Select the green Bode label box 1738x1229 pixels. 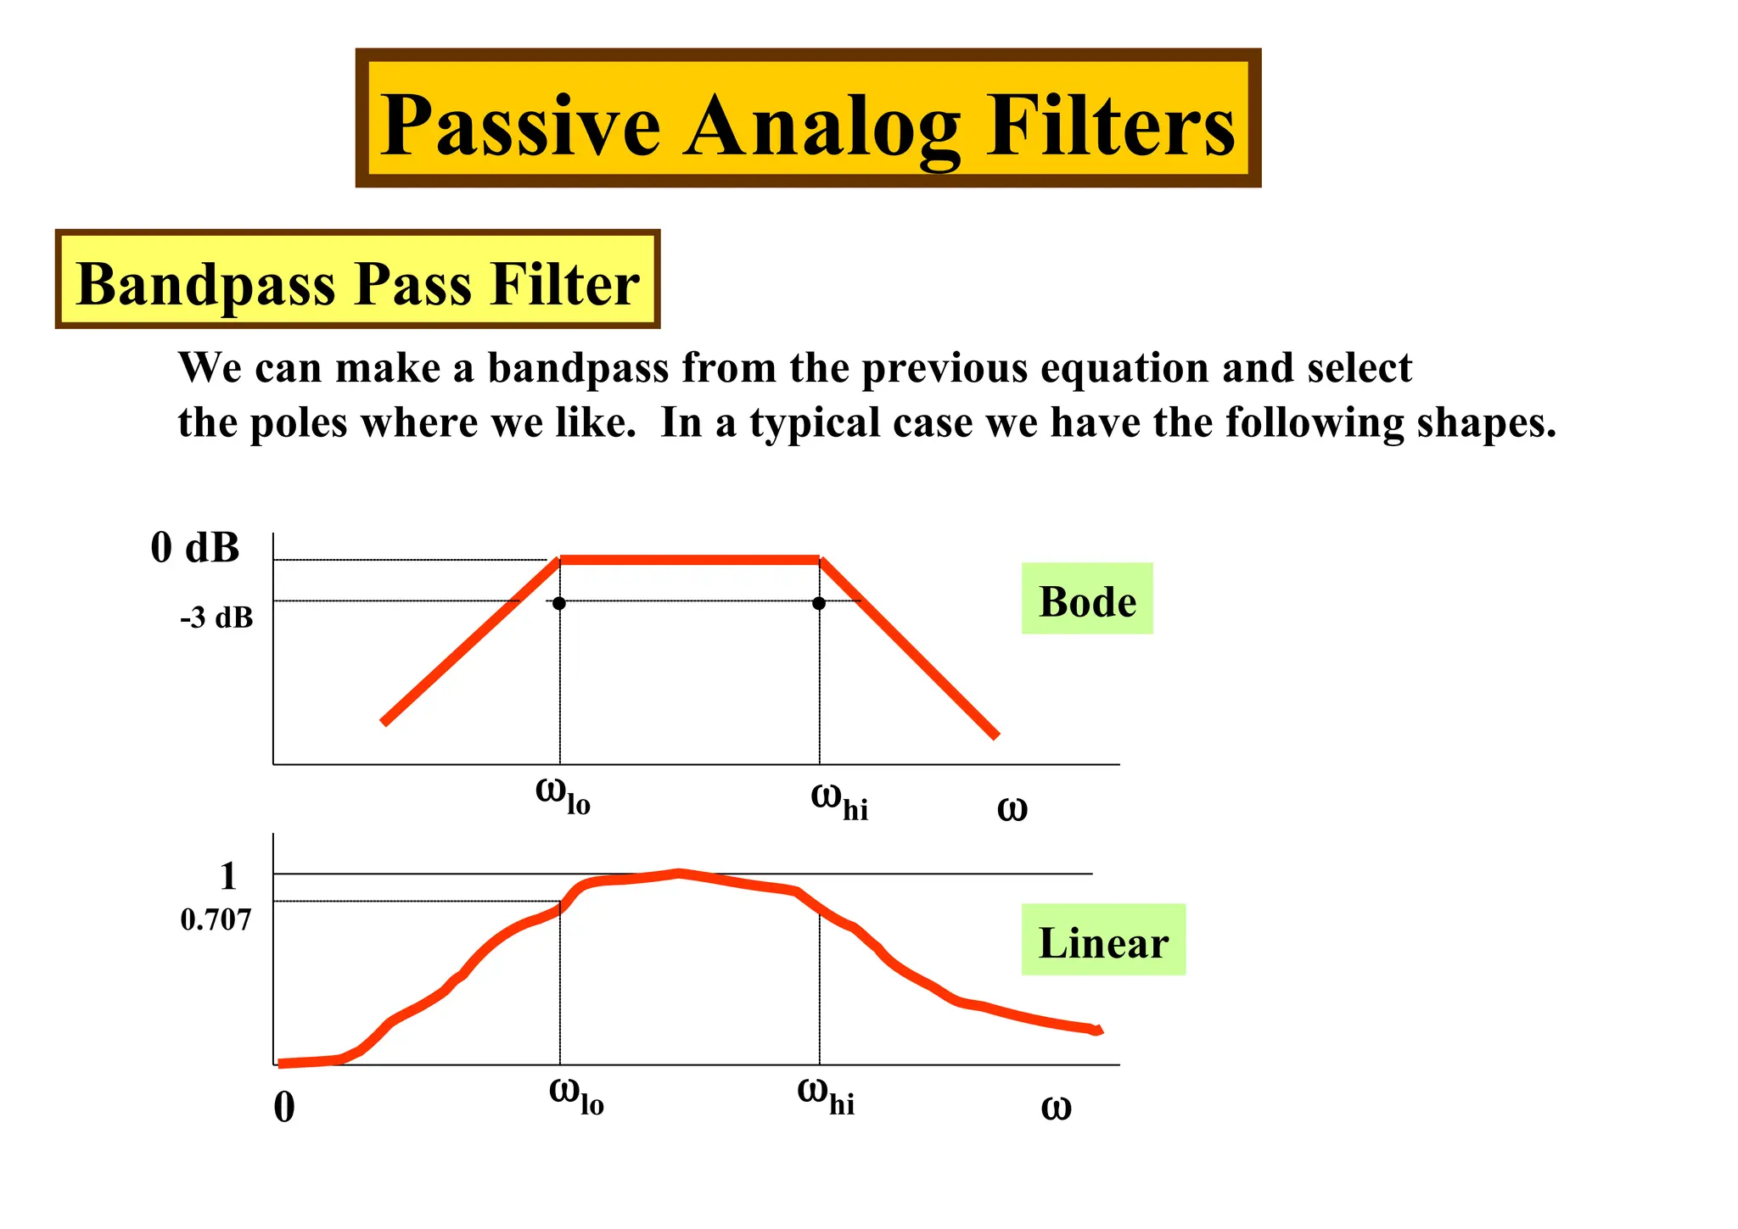(x=1086, y=599)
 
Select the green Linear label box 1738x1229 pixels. (x=1102, y=940)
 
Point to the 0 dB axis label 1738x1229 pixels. (x=195, y=547)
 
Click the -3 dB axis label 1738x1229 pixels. (x=216, y=617)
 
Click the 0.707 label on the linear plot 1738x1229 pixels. (x=216, y=919)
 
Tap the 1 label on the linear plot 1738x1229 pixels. (x=227, y=875)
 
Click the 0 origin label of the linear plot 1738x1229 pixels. (x=284, y=1107)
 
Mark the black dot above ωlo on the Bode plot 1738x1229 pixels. (x=558, y=603)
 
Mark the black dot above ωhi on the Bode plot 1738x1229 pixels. (x=818, y=603)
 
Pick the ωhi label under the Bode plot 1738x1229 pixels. (x=839, y=801)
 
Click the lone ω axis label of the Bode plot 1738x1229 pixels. (x=1012, y=808)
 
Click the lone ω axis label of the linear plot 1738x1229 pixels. (x=1056, y=1107)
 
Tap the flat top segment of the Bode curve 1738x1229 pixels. (x=689, y=560)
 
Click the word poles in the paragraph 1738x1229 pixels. (x=299, y=422)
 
